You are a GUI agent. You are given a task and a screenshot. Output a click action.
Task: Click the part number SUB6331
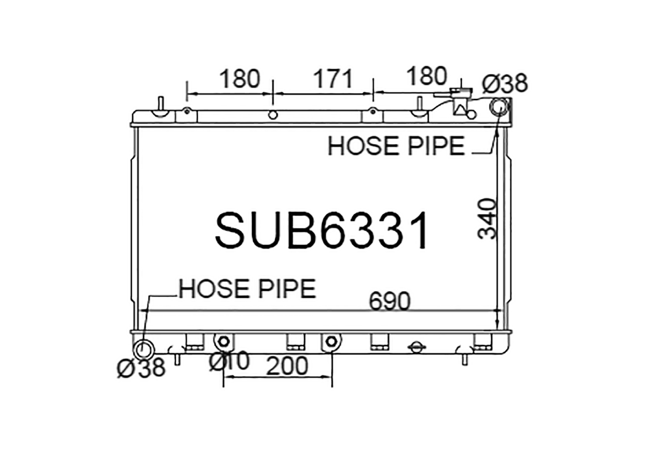point(321,231)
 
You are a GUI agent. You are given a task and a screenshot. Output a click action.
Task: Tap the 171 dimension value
point(334,79)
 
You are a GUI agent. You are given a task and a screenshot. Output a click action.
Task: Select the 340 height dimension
point(487,219)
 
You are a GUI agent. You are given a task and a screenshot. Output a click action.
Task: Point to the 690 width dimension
point(389,301)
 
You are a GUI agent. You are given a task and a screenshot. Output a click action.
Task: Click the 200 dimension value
point(287,366)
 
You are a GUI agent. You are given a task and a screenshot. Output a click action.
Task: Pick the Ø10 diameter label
point(229,361)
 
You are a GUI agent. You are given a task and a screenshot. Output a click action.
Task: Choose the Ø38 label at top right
point(505,83)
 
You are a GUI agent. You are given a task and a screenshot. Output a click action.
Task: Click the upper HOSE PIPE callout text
point(396,146)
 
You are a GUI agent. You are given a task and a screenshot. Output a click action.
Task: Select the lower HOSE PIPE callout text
point(247,289)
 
